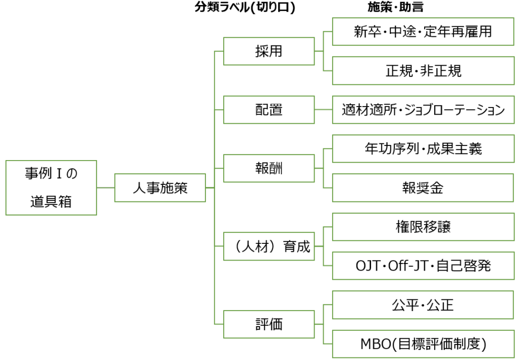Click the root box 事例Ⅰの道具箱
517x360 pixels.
51,188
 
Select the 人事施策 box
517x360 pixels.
160,188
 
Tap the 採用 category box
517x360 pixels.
269,51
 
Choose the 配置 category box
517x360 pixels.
269,110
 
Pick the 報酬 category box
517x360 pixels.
269,168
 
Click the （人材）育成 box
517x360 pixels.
269,246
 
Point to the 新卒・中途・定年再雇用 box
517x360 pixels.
423,32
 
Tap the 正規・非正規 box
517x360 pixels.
423,71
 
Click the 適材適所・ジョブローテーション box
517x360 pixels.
423,110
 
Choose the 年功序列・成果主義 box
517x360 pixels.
423,148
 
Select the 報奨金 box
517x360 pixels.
423,188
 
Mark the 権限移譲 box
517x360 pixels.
423,227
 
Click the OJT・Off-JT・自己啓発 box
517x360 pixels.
423,266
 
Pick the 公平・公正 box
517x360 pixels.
423,305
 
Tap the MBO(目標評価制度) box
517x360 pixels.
423,344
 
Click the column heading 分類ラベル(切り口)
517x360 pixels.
245,8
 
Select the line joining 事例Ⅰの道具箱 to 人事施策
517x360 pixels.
106,188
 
